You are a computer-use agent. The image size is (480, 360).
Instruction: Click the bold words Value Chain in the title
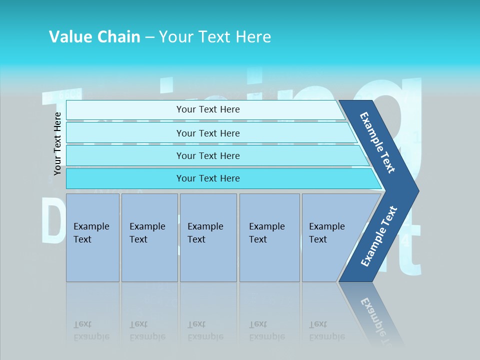tap(94, 37)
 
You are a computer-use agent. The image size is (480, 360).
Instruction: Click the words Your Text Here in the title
tap(215, 37)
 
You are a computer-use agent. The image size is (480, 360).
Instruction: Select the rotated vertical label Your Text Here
tap(57, 143)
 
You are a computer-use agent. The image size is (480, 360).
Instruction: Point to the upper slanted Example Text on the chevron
tap(377, 142)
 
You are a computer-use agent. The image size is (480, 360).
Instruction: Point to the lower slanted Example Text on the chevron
tap(379, 236)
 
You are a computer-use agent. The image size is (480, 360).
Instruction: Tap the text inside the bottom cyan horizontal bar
tap(208, 178)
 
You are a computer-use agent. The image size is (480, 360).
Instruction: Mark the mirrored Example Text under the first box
tap(91, 330)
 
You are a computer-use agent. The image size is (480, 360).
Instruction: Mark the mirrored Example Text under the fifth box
tap(326, 330)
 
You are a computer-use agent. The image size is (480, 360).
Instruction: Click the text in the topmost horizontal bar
tap(208, 109)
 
